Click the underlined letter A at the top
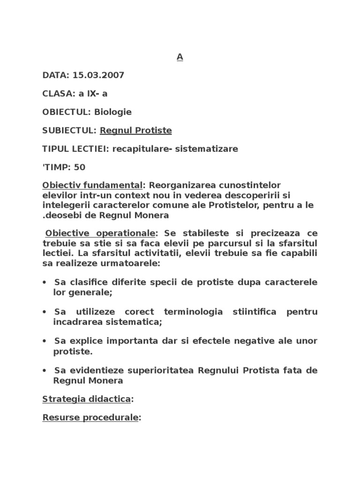[180, 57]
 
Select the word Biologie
[113, 112]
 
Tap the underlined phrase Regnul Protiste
[136, 130]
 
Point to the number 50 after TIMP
[80, 167]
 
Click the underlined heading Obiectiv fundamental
[92, 186]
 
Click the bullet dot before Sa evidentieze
[44, 371]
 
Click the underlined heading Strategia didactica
[86, 399]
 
